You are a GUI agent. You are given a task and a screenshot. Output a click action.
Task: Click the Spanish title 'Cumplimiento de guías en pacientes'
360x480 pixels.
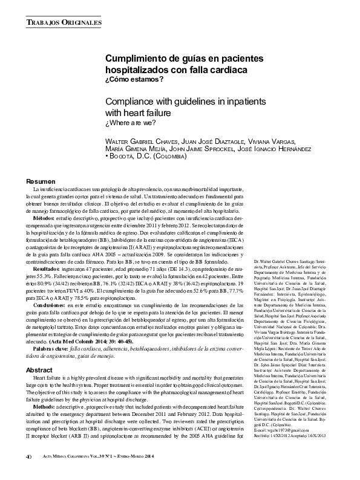coord(185,59)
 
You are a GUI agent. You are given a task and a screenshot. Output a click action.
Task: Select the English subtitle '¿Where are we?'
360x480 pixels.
coord(131,123)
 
